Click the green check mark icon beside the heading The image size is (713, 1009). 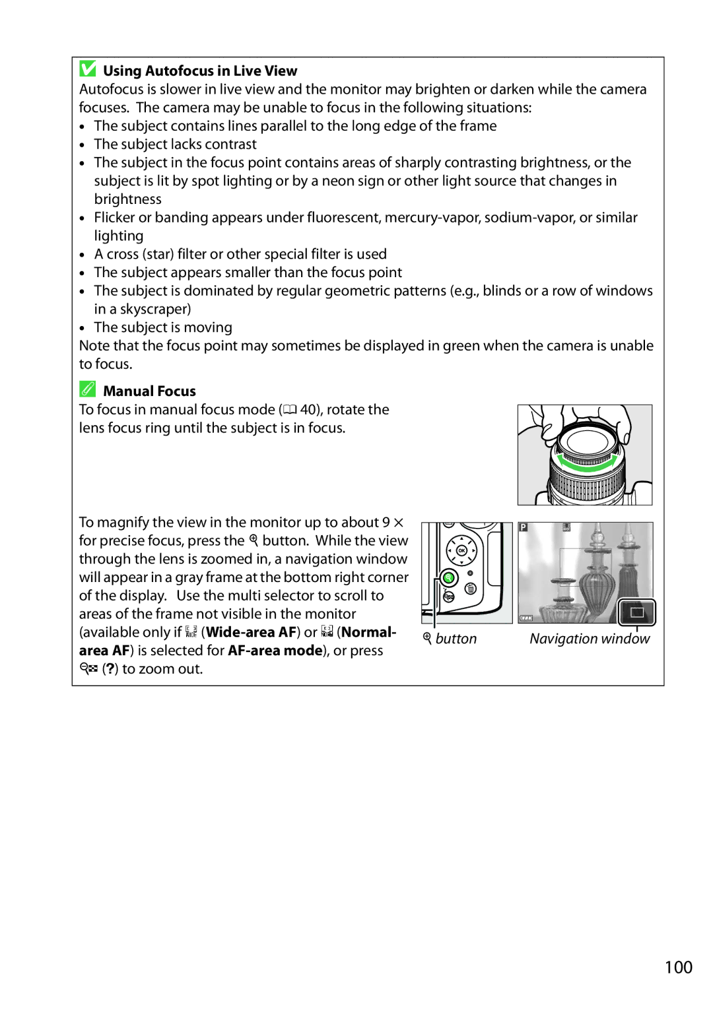click(88, 69)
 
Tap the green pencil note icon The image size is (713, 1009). click(88, 389)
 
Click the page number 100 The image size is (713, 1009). click(678, 967)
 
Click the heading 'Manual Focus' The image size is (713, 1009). click(149, 391)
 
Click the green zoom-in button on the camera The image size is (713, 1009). click(449, 578)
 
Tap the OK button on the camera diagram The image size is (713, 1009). click(461, 550)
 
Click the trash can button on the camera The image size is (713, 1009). click(471, 589)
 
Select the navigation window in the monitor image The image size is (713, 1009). click(636, 612)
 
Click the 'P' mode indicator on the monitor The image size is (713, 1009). click(524, 528)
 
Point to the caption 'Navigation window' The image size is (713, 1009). click(590, 639)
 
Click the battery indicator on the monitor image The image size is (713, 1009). click(526, 618)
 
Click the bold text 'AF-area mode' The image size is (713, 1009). click(275, 651)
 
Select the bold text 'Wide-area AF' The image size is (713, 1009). click(251, 632)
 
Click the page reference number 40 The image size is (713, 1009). click(308, 410)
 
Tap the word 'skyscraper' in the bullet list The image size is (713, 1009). click(155, 309)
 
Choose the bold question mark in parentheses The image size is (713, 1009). click(110, 669)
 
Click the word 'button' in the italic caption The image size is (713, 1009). click(456, 639)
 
